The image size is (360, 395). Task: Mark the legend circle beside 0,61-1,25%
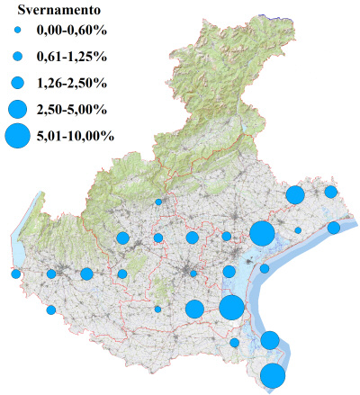[x=17, y=57]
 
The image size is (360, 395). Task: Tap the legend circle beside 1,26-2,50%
[x=17, y=83]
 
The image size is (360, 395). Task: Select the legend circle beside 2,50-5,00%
[x=17, y=110]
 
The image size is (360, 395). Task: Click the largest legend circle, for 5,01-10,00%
[x=17, y=137]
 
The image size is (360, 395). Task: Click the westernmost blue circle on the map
[x=15, y=274]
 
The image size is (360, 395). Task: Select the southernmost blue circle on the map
[x=274, y=376]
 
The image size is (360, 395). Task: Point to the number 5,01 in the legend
[x=51, y=137]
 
